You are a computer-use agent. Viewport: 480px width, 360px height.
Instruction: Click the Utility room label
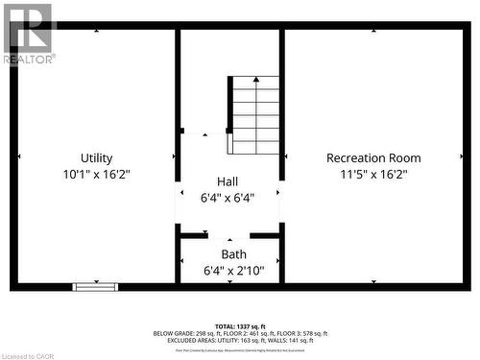(96, 158)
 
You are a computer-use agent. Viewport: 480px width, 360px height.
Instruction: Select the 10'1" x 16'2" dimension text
(96, 175)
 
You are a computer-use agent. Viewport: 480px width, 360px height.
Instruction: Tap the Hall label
(228, 181)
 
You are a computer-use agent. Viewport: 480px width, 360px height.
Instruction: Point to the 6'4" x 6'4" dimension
(228, 198)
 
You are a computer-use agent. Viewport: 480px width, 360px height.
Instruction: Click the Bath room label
(233, 254)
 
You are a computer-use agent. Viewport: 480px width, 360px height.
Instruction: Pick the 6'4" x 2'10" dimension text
(233, 271)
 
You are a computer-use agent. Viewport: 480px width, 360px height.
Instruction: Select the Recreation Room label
(373, 158)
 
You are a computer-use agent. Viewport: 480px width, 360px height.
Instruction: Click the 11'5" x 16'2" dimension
(373, 175)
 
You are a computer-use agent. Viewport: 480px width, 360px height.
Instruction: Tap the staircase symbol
(254, 115)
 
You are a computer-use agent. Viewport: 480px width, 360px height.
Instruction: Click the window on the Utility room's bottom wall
(96, 286)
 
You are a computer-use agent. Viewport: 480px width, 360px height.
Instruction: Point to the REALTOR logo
(29, 34)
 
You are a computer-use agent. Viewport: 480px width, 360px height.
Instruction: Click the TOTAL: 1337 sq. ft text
(240, 327)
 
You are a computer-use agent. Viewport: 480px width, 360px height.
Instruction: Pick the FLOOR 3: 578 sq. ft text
(301, 334)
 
